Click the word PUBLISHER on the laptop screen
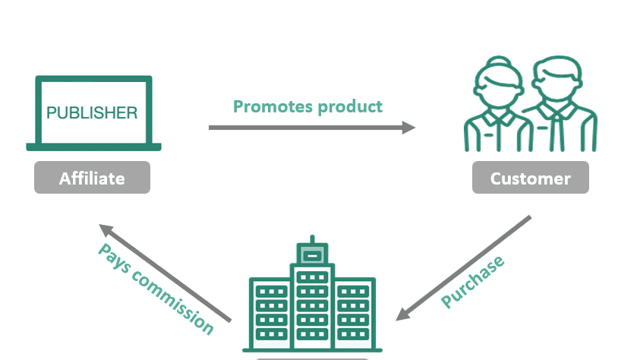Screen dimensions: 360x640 point(92,113)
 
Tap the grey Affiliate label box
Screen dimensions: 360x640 point(92,178)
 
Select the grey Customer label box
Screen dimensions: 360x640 point(530,178)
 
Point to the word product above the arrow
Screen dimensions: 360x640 point(348,106)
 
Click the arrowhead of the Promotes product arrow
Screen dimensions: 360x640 point(409,127)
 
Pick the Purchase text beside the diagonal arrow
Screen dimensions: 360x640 point(473,283)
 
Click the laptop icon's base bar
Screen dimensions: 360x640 point(93,147)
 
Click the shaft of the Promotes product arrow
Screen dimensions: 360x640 point(304,127)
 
